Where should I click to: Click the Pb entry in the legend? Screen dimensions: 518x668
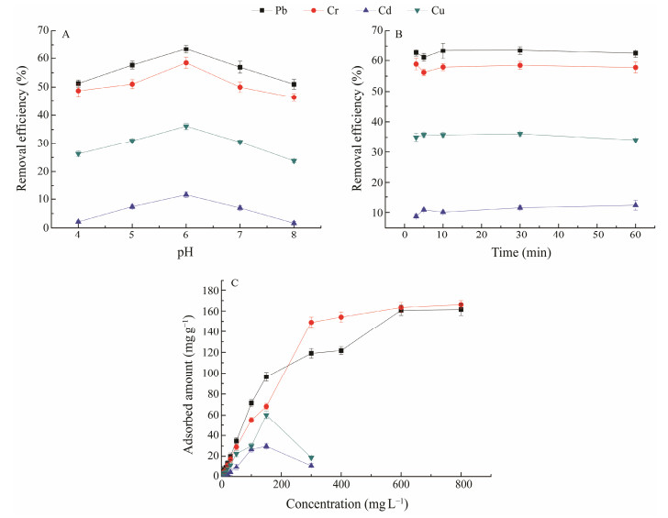coord(267,10)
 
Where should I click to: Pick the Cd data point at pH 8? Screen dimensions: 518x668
coord(294,223)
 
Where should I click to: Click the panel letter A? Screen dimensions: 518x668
coord(66,34)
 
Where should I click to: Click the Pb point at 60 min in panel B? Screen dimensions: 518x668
coord(635,53)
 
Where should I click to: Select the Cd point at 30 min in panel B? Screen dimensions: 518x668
coord(519,207)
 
